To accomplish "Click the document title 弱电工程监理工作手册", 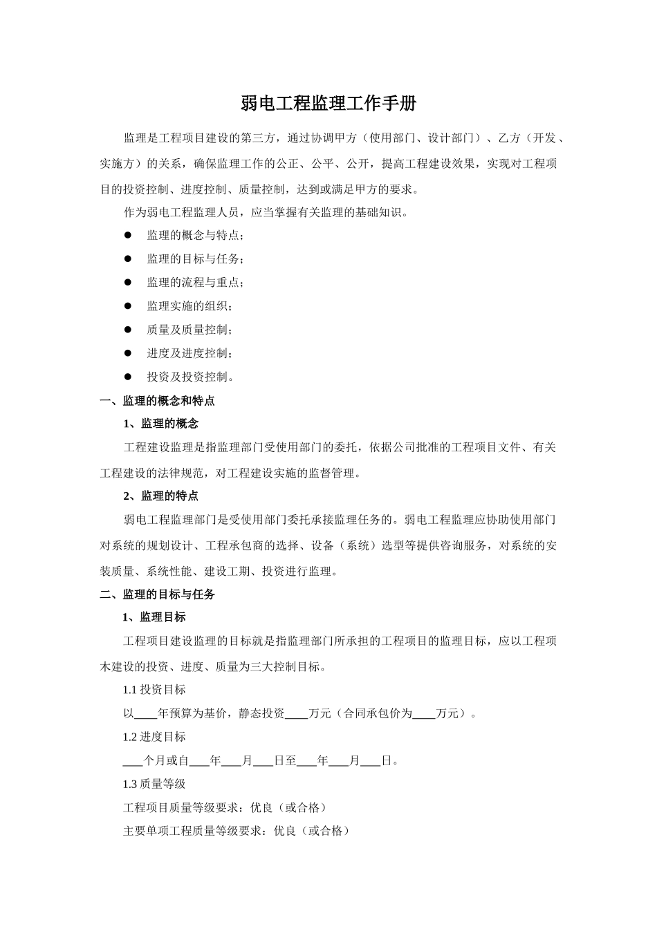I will coord(328,104).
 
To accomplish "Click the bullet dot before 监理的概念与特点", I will coord(128,235).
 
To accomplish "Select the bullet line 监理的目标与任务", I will coord(195,259).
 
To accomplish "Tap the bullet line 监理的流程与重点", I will coord(195,283).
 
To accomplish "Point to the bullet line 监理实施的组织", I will coord(189,306).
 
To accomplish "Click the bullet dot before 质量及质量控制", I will coord(128,330).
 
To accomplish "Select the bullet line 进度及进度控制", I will coord(189,353).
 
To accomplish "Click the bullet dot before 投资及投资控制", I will coord(128,377).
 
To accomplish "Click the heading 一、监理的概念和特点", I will coord(158,401).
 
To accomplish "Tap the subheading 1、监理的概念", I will coord(160,424).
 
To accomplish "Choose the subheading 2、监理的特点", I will coord(160,496).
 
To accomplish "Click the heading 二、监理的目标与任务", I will coord(158,594).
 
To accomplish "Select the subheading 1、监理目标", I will coord(154,617).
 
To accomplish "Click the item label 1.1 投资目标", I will coord(154,690).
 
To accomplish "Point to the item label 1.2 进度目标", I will coord(154,737).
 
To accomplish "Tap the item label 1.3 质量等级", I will coord(154,784).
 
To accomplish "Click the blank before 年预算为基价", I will coord(145,715).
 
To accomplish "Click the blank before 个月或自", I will coord(133,762).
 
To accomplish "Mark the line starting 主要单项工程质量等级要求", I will coord(236,831).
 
